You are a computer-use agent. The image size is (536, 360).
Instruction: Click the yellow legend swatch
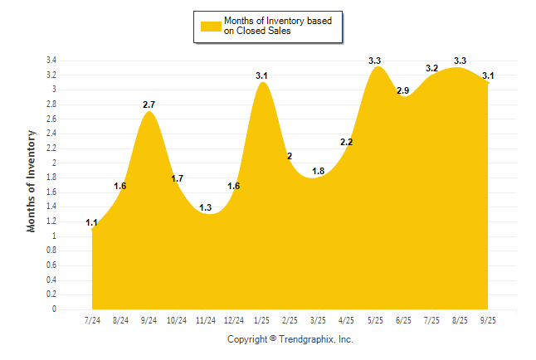click(x=211, y=27)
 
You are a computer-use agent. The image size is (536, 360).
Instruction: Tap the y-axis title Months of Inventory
click(x=32, y=181)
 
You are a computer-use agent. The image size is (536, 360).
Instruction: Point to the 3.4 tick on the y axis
click(x=51, y=61)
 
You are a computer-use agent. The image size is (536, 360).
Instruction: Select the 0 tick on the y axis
click(x=54, y=309)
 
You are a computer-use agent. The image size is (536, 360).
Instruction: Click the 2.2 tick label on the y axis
click(x=51, y=148)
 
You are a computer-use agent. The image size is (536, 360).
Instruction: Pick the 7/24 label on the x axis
click(x=92, y=320)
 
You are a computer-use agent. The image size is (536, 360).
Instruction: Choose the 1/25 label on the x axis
click(x=262, y=320)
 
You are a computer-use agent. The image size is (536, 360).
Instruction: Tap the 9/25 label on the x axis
click(x=488, y=320)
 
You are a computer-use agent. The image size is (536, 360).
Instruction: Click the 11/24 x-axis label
click(x=206, y=320)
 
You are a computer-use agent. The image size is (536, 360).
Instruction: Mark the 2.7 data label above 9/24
click(x=149, y=105)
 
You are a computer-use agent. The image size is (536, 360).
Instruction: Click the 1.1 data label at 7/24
click(x=92, y=222)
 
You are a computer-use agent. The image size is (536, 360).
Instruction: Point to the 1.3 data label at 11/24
click(x=206, y=207)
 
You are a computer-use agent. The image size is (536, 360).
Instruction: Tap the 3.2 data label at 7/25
click(x=431, y=68)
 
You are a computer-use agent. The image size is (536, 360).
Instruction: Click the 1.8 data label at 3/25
click(x=319, y=171)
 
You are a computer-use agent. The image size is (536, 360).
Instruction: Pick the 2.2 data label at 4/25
click(x=347, y=142)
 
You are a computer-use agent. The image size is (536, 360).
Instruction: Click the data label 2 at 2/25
click(x=290, y=156)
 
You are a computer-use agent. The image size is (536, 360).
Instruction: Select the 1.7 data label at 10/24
click(x=178, y=178)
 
